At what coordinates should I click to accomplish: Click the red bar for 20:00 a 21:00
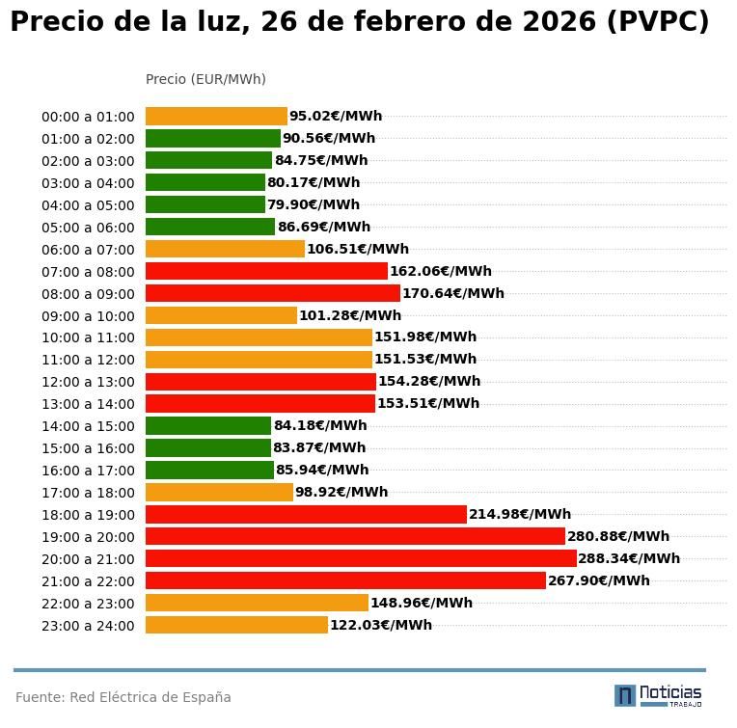click(361, 558)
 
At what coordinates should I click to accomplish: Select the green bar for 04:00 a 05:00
click(205, 204)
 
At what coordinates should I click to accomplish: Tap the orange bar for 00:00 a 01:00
click(216, 117)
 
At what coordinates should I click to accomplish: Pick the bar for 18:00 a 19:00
click(306, 514)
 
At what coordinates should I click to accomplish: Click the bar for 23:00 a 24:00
click(236, 625)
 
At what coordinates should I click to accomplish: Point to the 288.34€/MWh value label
click(629, 558)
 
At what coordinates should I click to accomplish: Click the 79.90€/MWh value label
click(314, 204)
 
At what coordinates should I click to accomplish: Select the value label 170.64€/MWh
click(453, 293)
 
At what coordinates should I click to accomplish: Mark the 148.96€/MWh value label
click(422, 603)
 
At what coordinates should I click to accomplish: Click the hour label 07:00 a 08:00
click(88, 272)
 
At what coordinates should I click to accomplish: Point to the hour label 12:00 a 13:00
click(88, 382)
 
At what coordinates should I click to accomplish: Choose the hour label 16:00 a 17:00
click(88, 471)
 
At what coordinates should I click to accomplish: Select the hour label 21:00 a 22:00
click(88, 581)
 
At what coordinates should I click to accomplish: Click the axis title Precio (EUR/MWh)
click(205, 79)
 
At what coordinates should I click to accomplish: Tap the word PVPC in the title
click(658, 22)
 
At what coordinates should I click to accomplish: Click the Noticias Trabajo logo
click(658, 695)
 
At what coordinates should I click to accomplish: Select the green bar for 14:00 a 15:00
click(208, 425)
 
